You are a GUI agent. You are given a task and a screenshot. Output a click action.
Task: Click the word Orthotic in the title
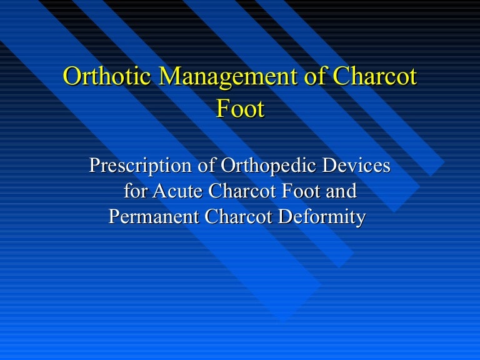click(x=107, y=76)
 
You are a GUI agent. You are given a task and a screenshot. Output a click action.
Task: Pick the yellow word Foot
click(x=240, y=108)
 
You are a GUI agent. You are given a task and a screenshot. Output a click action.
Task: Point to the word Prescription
click(x=140, y=166)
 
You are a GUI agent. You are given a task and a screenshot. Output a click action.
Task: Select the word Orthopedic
click(x=268, y=166)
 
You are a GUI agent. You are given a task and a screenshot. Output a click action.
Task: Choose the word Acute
click(x=177, y=191)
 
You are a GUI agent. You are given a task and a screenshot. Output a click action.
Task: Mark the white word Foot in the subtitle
click(x=301, y=191)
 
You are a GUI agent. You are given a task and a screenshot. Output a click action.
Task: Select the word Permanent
click(x=154, y=217)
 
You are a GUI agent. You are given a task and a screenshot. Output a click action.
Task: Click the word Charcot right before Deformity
click(x=238, y=217)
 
